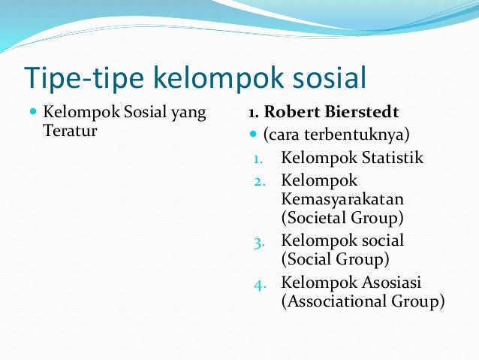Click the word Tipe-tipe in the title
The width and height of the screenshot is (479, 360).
(x=83, y=77)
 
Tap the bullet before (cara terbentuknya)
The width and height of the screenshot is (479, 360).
(x=253, y=136)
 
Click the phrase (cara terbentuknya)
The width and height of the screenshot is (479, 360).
(x=335, y=135)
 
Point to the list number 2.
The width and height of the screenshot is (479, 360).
(x=258, y=181)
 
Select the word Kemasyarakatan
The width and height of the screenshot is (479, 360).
(x=342, y=199)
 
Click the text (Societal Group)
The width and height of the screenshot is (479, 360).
(x=342, y=219)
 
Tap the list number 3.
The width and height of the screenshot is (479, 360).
(x=258, y=242)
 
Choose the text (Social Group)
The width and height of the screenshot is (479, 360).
(x=335, y=260)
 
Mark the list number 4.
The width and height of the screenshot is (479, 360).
(x=258, y=283)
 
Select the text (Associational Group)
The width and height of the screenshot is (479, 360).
(x=363, y=301)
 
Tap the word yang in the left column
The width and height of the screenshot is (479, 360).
(x=187, y=113)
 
